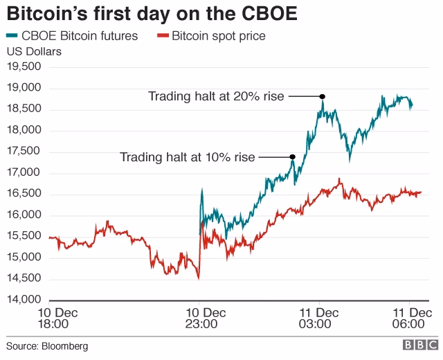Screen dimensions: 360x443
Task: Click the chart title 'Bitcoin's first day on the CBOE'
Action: point(152,14)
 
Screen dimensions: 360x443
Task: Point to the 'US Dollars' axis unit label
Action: point(34,51)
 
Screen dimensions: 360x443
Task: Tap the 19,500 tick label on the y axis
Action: point(24,66)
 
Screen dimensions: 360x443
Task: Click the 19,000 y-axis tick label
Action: point(24,88)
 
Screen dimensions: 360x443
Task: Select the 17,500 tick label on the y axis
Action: point(24,152)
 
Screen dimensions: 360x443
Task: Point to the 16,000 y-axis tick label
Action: point(24,215)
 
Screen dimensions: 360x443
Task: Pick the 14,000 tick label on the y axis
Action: point(24,300)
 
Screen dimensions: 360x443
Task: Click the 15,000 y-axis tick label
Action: point(24,258)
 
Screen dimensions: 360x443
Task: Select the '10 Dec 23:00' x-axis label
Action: point(199,317)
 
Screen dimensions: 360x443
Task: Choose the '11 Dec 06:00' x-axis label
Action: point(409,317)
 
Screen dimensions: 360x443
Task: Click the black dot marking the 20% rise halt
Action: point(323,96)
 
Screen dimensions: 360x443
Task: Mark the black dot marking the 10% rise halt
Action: point(293,157)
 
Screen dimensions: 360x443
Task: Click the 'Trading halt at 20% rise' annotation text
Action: point(216,96)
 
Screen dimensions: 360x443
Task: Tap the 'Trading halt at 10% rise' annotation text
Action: point(188,157)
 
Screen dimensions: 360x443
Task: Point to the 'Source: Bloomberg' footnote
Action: point(48,345)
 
